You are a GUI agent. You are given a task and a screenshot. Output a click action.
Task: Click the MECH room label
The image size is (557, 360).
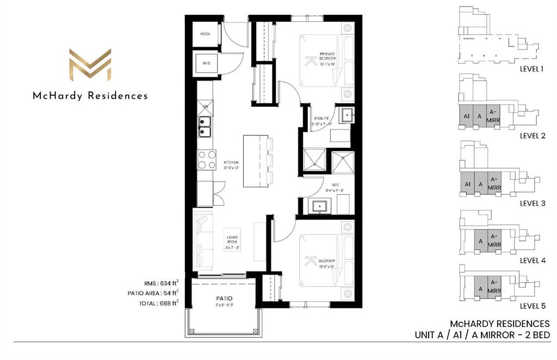tap(205, 34)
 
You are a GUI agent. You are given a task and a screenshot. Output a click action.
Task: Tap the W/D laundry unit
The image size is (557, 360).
tap(206, 64)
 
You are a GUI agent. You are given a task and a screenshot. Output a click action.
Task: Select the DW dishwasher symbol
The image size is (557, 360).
tap(205, 107)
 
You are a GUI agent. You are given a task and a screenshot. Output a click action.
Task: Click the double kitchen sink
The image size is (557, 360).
tap(205, 131)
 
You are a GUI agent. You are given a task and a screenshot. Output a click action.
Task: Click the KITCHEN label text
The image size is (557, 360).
tap(229, 165)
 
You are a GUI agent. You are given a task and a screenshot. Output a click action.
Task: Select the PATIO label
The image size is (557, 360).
tap(224, 299)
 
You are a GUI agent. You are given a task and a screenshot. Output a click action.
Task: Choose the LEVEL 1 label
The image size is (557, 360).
tap(531, 69)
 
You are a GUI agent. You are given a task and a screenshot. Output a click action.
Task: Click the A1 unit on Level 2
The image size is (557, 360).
tap(466, 116)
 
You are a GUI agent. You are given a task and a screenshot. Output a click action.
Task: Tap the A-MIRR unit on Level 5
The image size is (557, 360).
tap(494, 286)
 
